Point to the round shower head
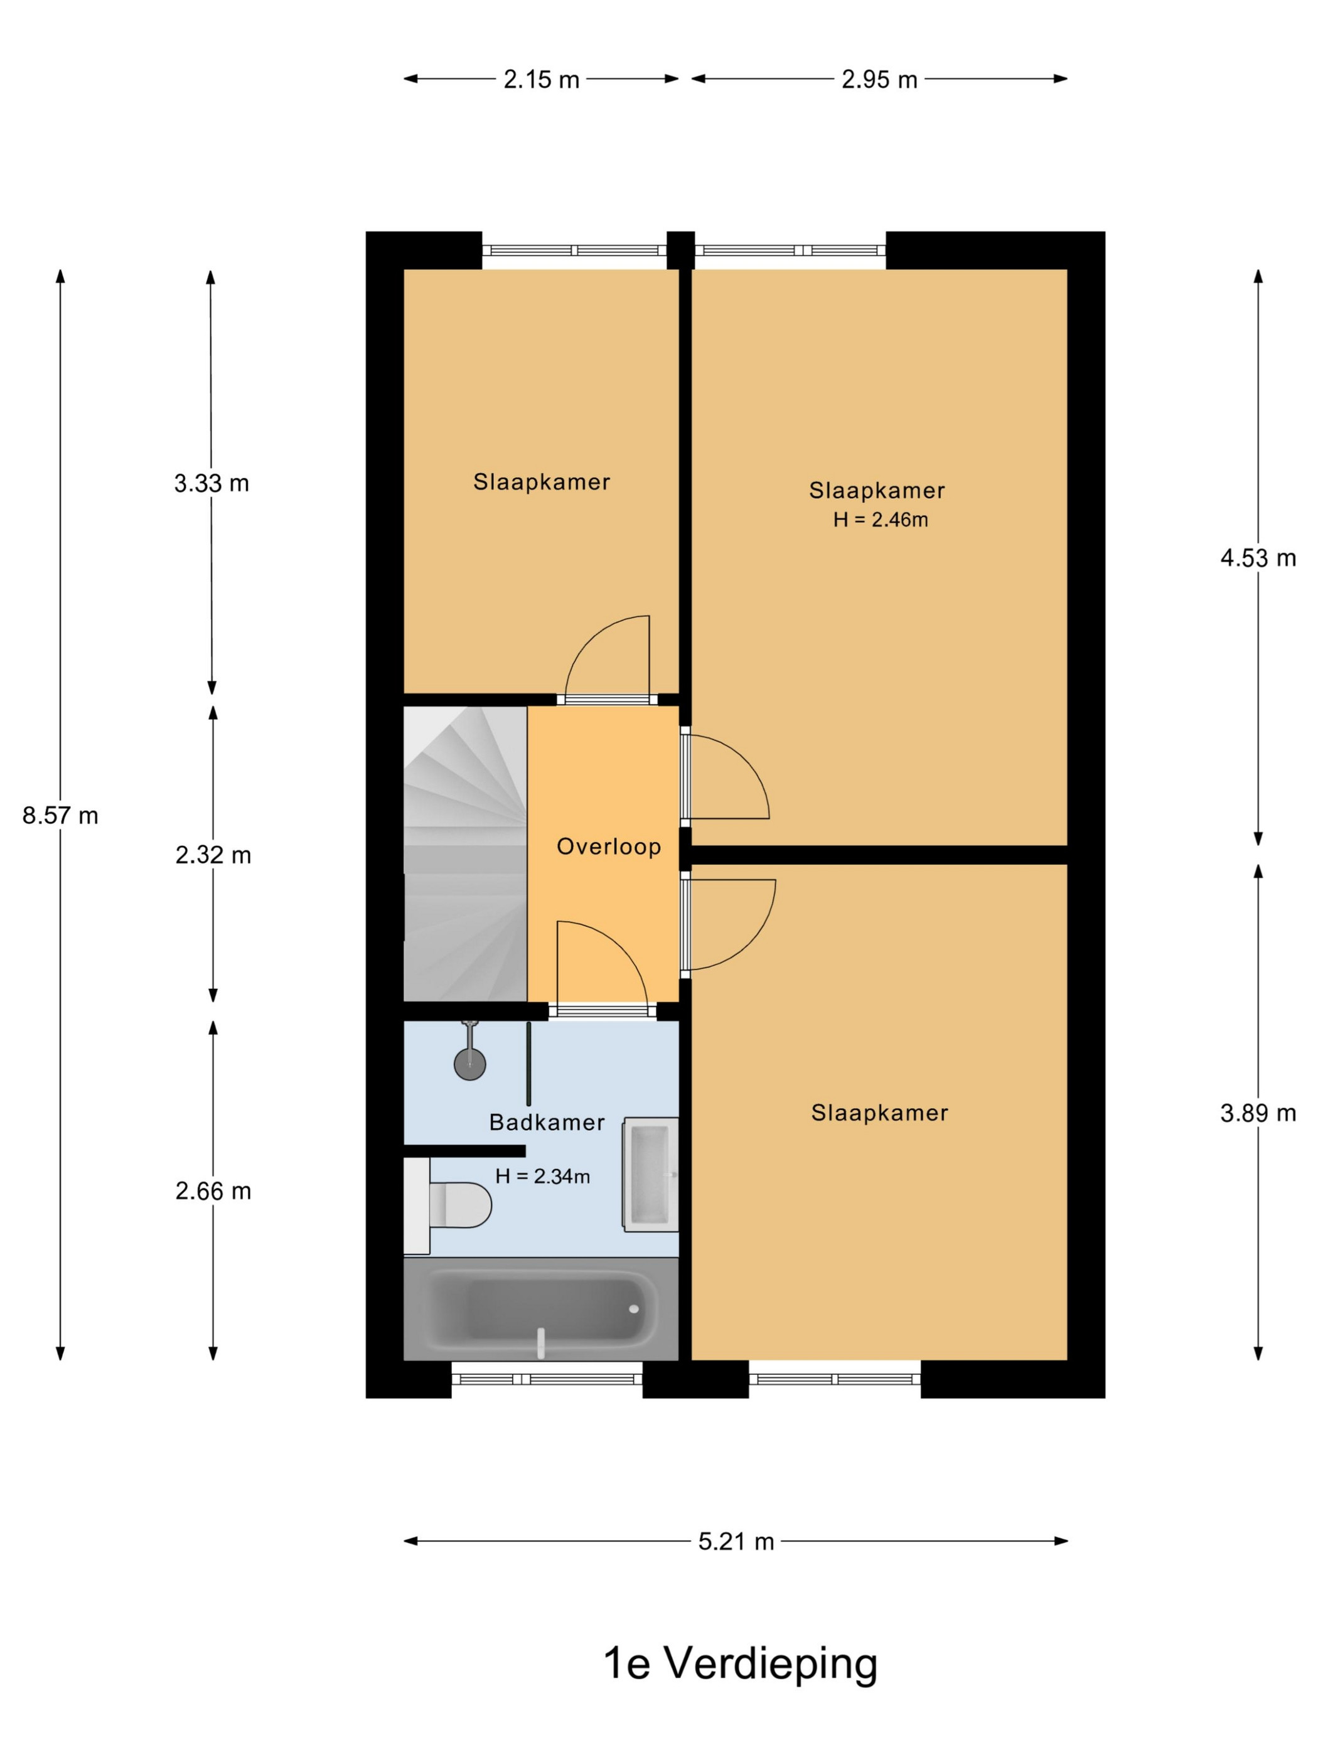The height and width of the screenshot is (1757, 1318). pyautogui.click(x=469, y=1064)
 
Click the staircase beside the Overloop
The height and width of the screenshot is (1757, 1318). pyautogui.click(x=465, y=854)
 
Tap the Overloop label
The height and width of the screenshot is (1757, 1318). pyautogui.click(x=609, y=846)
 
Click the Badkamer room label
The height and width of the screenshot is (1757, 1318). pyautogui.click(x=547, y=1123)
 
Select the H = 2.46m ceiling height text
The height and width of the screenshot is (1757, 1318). pyautogui.click(x=881, y=520)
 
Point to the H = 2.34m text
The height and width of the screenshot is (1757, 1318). pyautogui.click(x=543, y=1177)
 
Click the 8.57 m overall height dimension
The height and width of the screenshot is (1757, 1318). pyautogui.click(x=60, y=816)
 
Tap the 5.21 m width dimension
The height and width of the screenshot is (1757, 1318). pyautogui.click(x=736, y=1542)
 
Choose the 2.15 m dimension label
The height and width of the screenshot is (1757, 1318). pyautogui.click(x=541, y=80)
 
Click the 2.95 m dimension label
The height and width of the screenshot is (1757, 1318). pyautogui.click(x=879, y=80)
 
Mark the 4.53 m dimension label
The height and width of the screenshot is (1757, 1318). pyautogui.click(x=1258, y=558)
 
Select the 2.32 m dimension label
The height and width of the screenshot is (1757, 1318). pyautogui.click(x=213, y=855)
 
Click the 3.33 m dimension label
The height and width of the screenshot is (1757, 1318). pyautogui.click(x=212, y=483)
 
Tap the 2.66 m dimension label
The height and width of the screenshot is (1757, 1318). pyautogui.click(x=213, y=1192)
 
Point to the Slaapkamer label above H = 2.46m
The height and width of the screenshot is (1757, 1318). pyautogui.click(x=877, y=490)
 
